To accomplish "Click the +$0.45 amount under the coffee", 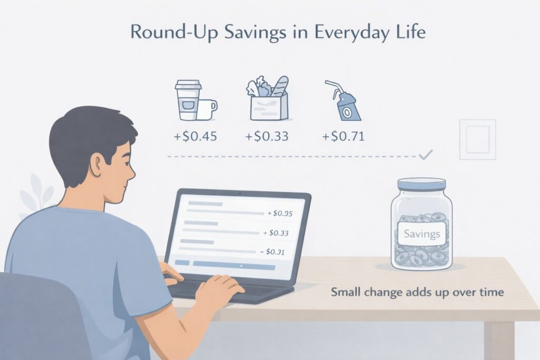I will click(x=195, y=138).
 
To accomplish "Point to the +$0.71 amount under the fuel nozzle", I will click(x=343, y=138).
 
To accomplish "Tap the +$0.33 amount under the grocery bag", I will click(x=267, y=138).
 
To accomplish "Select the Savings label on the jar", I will click(x=421, y=233).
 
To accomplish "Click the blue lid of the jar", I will click(x=421, y=185).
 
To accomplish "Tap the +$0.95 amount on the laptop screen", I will click(x=280, y=214).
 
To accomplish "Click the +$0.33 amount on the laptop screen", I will click(x=276, y=232).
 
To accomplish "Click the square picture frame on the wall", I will click(x=477, y=139).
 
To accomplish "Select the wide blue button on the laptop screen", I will click(x=234, y=265).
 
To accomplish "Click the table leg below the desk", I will click(x=498, y=340).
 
